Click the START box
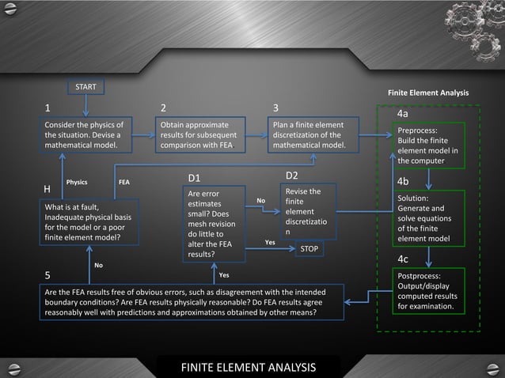click(x=85, y=85)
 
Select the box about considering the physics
click(x=86, y=135)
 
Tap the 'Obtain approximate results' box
click(x=200, y=135)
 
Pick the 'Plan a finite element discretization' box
click(x=313, y=135)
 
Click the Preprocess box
click(x=428, y=146)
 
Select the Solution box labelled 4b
click(x=428, y=218)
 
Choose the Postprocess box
click(x=428, y=290)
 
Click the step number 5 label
click(x=47, y=276)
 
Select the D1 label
click(x=194, y=176)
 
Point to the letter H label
click(x=47, y=190)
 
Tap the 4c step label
click(x=402, y=259)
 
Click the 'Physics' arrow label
click(x=77, y=182)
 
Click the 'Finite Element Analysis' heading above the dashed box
click(x=428, y=93)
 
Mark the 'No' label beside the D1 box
click(x=260, y=201)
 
